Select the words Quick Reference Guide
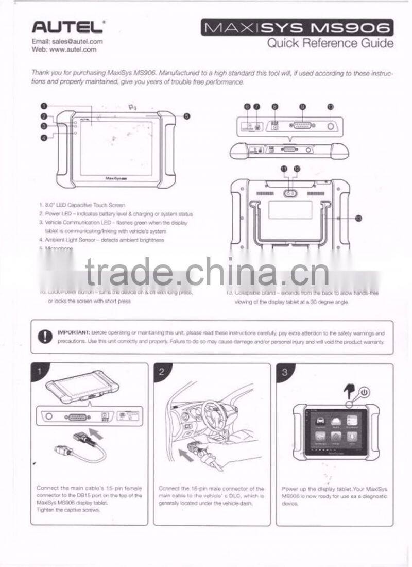(330, 43)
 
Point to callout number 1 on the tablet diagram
(45, 107)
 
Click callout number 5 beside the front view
(187, 116)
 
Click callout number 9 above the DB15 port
(302, 107)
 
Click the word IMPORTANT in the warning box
(74, 333)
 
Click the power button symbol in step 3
(364, 392)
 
